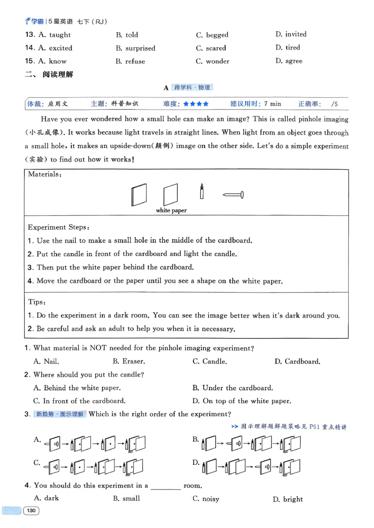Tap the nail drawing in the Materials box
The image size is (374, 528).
coord(233,194)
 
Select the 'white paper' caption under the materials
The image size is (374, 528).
coord(171,211)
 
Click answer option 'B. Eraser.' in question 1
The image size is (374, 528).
coord(129,361)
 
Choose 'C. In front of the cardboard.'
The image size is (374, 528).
coord(79,401)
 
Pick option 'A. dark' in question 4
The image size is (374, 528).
coord(46,498)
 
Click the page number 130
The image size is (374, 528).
coord(31,511)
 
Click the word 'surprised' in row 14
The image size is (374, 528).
coord(140,48)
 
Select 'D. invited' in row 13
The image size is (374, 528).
coord(291,34)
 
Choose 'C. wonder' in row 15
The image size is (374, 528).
coord(213,61)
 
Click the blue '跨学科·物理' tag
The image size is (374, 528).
coord(192,87)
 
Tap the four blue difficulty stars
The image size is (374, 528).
coord(196,104)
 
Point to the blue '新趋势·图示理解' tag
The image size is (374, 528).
coord(60,414)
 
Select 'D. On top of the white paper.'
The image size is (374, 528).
coord(242,401)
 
